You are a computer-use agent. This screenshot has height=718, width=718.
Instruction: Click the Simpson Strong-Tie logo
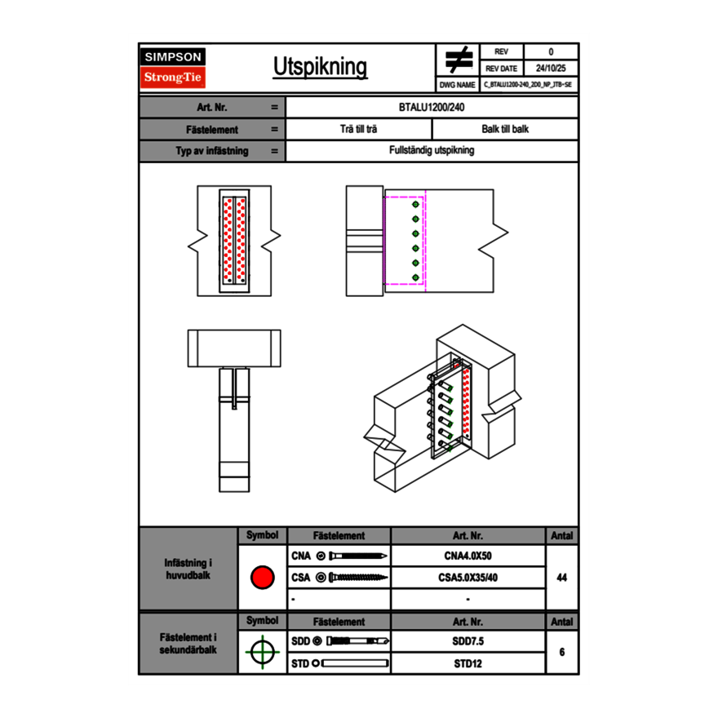(174, 68)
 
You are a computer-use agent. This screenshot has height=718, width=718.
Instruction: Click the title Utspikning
(320, 68)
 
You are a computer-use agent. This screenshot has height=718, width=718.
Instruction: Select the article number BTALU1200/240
(432, 107)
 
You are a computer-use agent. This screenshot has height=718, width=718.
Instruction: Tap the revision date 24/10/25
(551, 69)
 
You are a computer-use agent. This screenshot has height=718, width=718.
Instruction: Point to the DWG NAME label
(457, 85)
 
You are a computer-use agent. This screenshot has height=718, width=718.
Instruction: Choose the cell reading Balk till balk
(505, 129)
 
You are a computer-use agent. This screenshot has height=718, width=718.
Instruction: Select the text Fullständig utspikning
(432, 151)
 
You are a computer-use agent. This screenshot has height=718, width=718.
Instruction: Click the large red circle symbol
(262, 578)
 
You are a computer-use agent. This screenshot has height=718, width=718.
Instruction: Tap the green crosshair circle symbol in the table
(262, 652)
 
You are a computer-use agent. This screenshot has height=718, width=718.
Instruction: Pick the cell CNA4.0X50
(468, 556)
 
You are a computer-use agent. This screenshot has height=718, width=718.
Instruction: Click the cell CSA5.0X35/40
(468, 578)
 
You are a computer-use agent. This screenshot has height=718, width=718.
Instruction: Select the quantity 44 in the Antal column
(561, 578)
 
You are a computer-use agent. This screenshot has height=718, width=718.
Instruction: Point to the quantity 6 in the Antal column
(561, 652)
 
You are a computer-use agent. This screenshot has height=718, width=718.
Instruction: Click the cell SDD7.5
(468, 641)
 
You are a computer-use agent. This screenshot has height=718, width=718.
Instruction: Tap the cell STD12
(468, 663)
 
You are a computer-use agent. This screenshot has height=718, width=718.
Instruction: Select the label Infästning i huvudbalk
(188, 570)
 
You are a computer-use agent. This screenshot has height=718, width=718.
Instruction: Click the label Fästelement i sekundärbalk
(188, 644)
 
